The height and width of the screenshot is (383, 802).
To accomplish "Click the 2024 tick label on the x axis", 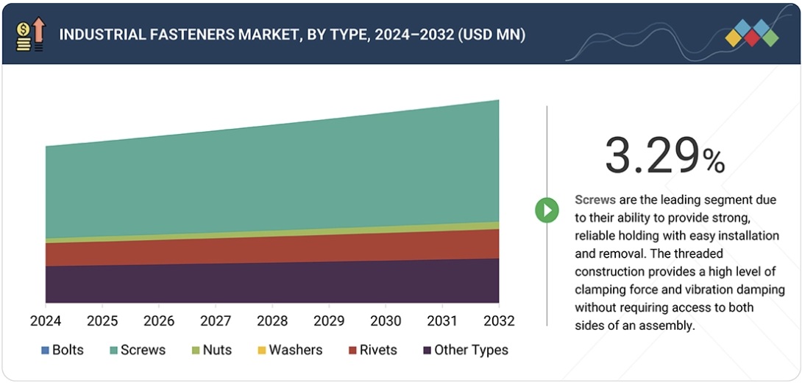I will pyautogui.click(x=46, y=321).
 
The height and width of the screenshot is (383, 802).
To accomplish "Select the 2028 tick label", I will pyautogui.click(x=272, y=321).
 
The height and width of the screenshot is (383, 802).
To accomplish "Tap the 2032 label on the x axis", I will pyautogui.click(x=499, y=321).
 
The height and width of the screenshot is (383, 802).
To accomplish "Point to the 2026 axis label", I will pyautogui.click(x=159, y=321).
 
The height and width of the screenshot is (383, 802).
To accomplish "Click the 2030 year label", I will pyautogui.click(x=386, y=321).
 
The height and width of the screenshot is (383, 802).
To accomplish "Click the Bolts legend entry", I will pyautogui.click(x=62, y=350).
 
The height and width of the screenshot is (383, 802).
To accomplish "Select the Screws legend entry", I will pyautogui.click(x=137, y=350).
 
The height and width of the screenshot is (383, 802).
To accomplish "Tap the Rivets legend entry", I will pyautogui.click(x=373, y=350).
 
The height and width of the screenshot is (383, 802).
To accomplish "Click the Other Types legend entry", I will pyautogui.click(x=465, y=350).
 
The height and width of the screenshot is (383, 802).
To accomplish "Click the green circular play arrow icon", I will pyautogui.click(x=547, y=210).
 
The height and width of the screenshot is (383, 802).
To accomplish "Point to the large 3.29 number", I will pyautogui.click(x=650, y=156).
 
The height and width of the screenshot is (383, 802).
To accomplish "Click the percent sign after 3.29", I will pyautogui.click(x=713, y=161).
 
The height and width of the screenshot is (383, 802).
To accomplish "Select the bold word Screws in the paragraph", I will pyautogui.click(x=595, y=200).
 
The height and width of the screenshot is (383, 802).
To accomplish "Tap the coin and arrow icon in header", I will pyautogui.click(x=29, y=35).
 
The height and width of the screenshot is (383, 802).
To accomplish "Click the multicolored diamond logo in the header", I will pyautogui.click(x=751, y=33).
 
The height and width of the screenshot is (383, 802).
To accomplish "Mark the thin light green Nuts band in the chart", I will pyautogui.click(x=272, y=233).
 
